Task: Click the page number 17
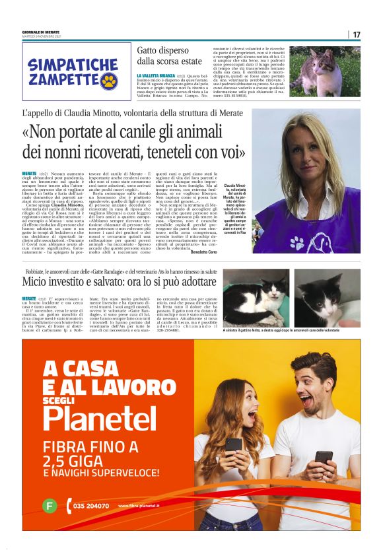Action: pos(357,34)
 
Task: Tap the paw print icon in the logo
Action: pos(108,82)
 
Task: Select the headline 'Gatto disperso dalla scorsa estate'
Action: pos(170,55)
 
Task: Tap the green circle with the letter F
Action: pos(48,506)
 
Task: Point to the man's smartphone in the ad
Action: pos(324,456)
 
